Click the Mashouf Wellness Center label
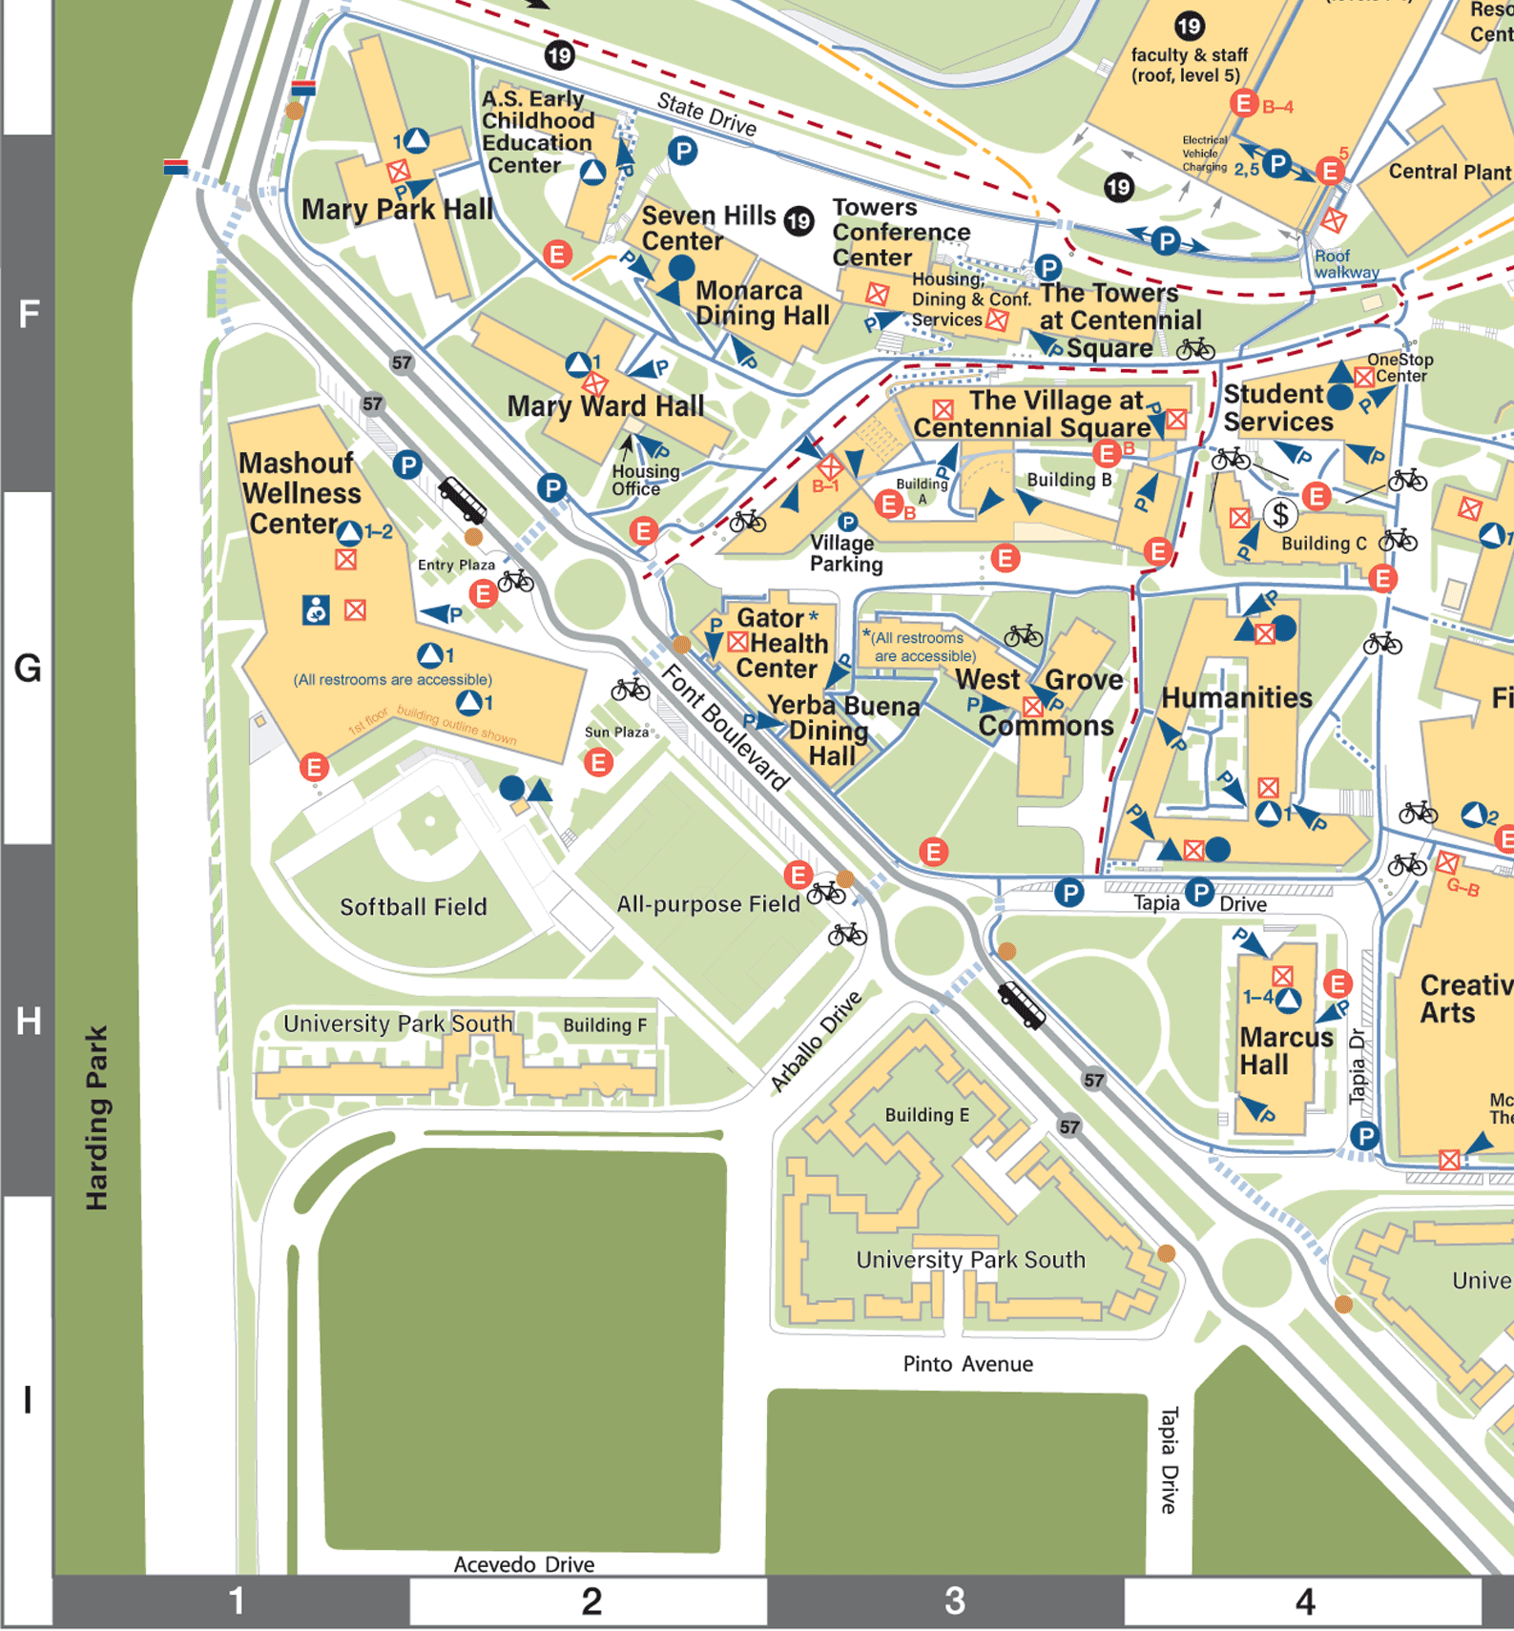300,493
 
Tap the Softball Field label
413,906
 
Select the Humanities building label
1235,697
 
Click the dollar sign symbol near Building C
1280,515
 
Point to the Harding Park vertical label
96,1117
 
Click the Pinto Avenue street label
967,1364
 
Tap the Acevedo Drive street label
523,1564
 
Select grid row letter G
28,668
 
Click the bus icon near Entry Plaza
463,499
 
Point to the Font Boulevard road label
725,728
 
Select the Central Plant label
1448,172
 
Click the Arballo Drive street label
817,1041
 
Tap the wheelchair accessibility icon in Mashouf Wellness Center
316,609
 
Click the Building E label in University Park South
926,1115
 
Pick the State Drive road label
706,114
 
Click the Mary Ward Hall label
605,406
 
